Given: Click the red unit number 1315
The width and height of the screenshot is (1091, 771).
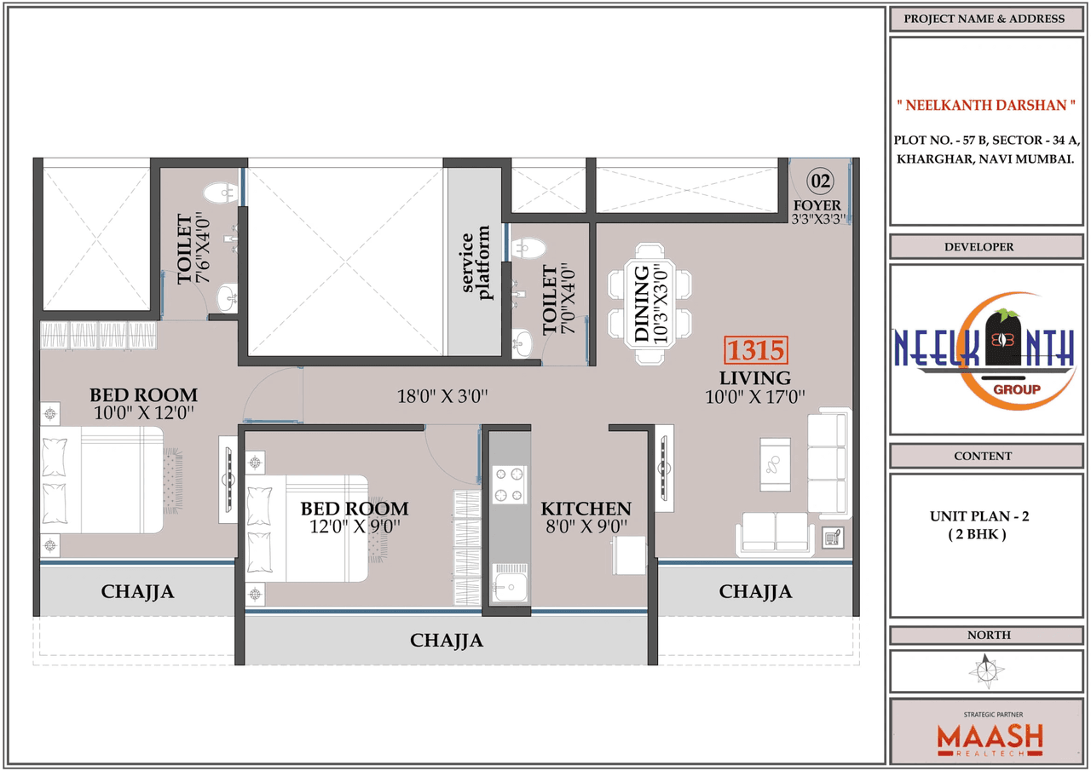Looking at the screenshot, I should point(754,351).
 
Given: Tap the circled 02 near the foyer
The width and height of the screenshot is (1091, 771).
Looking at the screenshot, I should point(820,181).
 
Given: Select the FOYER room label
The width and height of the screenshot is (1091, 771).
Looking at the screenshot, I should point(817,205).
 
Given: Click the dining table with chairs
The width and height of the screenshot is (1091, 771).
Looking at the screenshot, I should point(649,305).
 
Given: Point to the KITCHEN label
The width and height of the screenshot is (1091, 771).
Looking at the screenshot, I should point(586,509).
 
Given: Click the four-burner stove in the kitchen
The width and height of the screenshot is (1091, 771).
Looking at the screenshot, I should point(510,485).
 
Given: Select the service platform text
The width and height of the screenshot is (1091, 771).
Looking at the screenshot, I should point(476,262).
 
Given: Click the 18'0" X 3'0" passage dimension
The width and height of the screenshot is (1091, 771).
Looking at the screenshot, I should point(442,396).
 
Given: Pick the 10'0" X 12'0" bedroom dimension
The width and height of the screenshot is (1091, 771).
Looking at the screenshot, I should point(143,413).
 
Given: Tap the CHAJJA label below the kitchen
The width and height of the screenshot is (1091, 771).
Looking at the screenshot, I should point(446,640).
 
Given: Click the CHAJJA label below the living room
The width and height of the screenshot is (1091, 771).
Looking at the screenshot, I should point(754,591).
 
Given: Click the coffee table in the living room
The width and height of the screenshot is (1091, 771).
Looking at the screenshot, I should point(775,464).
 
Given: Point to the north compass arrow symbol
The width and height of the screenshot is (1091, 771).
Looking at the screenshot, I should point(987,670).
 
